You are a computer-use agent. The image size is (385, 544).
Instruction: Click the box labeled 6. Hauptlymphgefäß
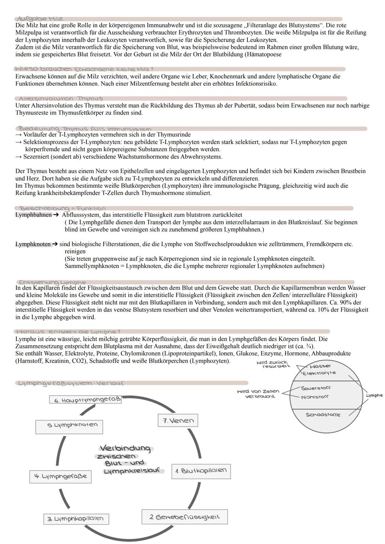tap(85, 400)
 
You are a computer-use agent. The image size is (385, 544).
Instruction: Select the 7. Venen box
tap(178, 420)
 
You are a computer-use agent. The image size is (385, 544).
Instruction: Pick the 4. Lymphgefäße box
tap(60, 476)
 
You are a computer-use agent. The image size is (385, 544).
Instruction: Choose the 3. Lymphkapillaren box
tap(76, 519)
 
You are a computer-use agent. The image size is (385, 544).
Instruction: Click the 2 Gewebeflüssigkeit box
tap(184, 517)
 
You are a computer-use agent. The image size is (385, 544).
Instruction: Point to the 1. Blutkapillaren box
tap(201, 471)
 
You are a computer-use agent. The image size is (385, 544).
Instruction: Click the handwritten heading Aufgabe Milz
tap(40, 19)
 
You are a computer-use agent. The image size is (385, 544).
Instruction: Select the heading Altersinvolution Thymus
tap(61, 98)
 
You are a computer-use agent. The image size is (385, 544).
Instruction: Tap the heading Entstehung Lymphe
tap(52, 282)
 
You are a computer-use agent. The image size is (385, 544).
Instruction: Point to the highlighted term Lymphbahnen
tap(33, 215)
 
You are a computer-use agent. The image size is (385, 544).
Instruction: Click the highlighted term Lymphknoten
tap(33, 244)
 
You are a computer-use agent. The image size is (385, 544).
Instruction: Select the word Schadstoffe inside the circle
tap(323, 415)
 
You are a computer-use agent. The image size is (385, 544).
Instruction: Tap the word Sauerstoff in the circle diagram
tap(316, 388)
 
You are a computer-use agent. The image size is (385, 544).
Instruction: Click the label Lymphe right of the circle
tap(374, 395)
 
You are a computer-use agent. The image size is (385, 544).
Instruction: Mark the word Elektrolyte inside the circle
tap(319, 373)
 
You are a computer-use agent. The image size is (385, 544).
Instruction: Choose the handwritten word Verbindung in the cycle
tap(125, 448)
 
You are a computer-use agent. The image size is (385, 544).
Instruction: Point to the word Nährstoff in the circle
tap(315, 397)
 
